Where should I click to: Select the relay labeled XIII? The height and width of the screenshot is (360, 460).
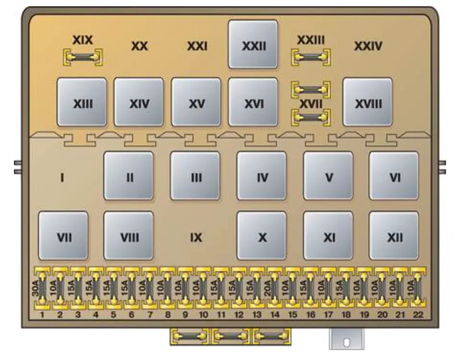82,102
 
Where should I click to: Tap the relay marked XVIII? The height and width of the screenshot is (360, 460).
367,102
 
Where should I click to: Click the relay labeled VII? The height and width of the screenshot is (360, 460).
63,236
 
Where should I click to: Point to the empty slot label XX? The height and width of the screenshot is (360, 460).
139,47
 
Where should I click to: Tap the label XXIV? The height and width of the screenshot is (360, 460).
368,47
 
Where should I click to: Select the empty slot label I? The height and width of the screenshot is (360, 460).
62,178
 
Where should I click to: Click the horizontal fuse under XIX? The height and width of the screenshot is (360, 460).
83,58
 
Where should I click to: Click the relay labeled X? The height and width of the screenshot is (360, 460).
262,236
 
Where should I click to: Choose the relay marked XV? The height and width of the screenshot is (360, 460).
196,102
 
